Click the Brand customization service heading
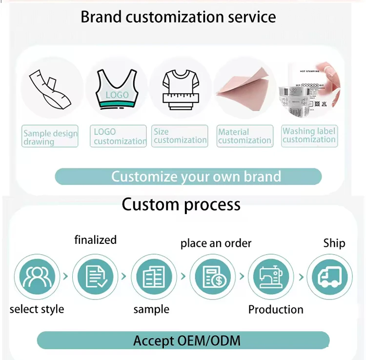coord(178,17)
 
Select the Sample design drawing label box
coord(50,137)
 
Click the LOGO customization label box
coord(118,136)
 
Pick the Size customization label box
coord(180,136)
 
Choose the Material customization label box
coord(244,136)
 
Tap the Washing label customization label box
coord(309,135)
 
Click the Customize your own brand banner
coord(188,177)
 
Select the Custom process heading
coord(181,204)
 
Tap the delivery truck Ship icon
coord(329,277)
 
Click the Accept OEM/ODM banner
coord(183,340)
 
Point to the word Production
coord(276,309)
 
